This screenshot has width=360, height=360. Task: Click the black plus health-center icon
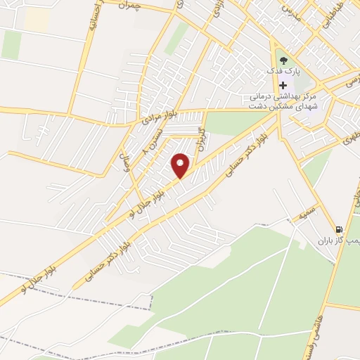click(x=283, y=84)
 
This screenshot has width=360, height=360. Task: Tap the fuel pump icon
click(x=339, y=229)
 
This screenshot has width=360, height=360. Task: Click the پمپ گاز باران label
click(x=345, y=240)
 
